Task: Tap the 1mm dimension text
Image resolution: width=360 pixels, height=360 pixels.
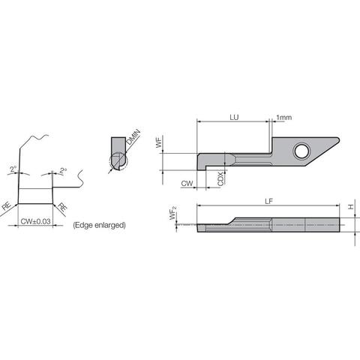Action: point(284,118)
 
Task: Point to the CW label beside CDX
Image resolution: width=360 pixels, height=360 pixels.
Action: point(187,182)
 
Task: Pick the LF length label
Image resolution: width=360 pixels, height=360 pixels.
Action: point(268,200)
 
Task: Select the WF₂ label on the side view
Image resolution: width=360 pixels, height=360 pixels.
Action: point(173,217)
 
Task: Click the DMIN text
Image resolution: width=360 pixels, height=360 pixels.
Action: point(133,138)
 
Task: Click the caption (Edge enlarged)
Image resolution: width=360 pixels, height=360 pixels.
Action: point(99,225)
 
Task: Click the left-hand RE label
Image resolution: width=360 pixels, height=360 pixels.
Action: point(7,203)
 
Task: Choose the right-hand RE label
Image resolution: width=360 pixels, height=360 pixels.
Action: point(62,203)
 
